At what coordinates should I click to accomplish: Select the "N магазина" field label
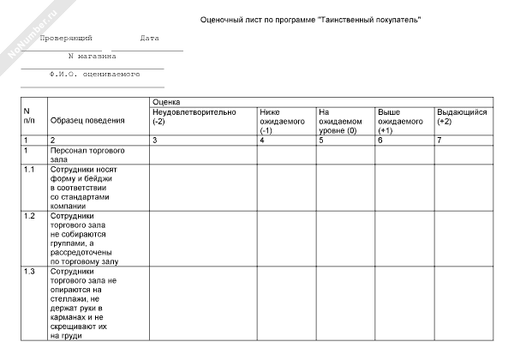click(92, 57)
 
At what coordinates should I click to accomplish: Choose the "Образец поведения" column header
click(87, 120)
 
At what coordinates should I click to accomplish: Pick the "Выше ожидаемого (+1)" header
click(400, 121)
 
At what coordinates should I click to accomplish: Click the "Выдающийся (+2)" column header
click(462, 117)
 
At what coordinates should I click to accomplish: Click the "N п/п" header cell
click(31, 117)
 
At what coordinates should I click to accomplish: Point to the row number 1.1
click(30, 169)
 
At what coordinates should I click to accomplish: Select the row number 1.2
click(30, 215)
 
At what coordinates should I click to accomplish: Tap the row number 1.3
click(30, 271)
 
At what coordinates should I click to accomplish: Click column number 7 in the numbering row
click(439, 140)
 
